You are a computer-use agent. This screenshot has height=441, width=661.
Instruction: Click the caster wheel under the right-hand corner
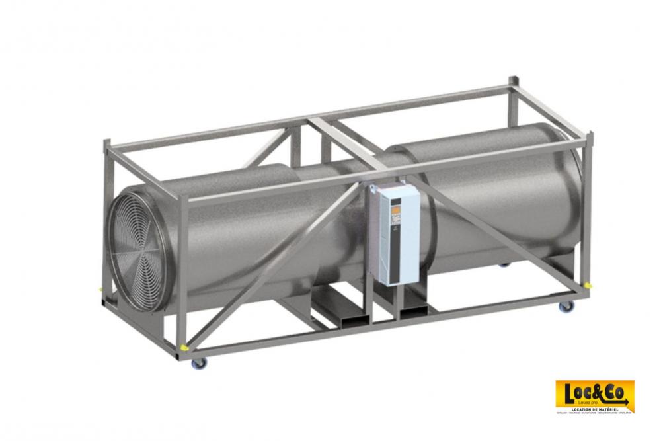(564, 307)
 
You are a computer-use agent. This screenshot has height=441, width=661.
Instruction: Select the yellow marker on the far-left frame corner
(100, 288)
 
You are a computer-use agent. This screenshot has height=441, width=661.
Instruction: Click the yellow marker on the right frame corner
(588, 284)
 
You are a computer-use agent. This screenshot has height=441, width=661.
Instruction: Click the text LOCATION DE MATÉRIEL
(595, 407)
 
